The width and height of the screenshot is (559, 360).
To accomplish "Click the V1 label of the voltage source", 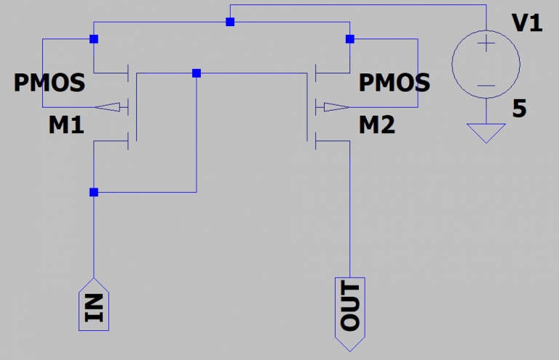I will coord(528,23).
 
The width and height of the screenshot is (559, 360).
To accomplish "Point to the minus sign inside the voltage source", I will coord(485,86).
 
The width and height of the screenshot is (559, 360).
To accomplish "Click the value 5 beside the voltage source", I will coord(519,109).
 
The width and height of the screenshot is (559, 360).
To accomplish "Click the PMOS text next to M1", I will coord(49,83).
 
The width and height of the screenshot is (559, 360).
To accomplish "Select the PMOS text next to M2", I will coord(395,83).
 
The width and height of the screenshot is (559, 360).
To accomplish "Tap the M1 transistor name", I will coord(66,126).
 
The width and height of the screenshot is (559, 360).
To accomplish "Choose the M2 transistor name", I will coord(377,126).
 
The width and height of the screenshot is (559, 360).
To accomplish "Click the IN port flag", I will coord(94,303).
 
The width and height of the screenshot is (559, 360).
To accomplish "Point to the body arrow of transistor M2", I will coord(333,108).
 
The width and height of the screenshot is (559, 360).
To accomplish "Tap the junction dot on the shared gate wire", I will coord(197,73).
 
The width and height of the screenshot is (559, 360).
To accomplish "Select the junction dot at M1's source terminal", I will coord(94,39).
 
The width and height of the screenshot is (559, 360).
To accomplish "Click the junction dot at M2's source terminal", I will coord(350,39).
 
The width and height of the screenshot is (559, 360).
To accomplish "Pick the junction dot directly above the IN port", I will coord(94,193).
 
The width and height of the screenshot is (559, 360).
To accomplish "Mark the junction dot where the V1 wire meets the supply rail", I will coord(230,22).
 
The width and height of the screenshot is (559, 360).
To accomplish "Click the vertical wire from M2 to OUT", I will coord(350,211).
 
